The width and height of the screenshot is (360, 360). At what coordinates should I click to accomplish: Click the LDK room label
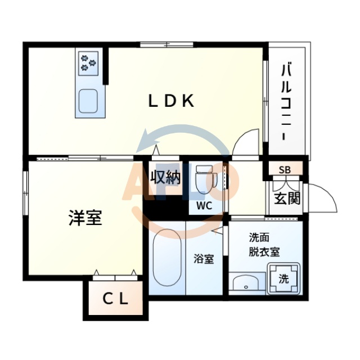(172, 101)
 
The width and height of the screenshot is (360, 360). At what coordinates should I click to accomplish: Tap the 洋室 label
(85, 218)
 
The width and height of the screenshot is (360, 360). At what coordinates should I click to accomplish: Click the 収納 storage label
(165, 178)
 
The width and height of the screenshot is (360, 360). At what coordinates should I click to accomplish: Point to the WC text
(204, 206)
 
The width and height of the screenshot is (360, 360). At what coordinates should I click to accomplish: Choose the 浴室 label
(204, 259)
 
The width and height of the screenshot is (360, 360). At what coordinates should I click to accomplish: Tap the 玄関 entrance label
(287, 199)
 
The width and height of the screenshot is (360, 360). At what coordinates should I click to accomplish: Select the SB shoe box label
(285, 169)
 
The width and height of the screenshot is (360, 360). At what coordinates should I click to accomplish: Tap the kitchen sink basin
(89, 101)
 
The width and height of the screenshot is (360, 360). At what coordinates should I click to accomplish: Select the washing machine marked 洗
(284, 278)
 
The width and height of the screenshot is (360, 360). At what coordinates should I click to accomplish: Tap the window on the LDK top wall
(167, 44)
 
